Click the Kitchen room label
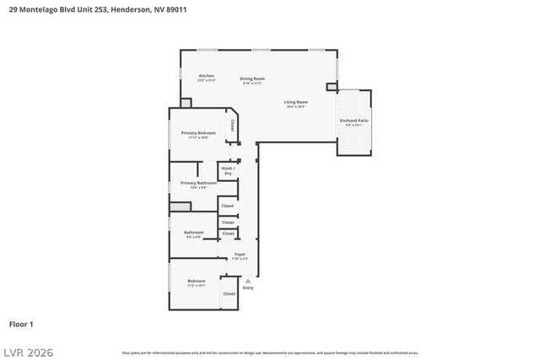206,77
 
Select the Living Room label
295,103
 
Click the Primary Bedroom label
198,133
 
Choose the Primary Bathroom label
198,183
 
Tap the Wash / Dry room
228,170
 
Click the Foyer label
240,255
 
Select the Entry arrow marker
248,279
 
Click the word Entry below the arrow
248,288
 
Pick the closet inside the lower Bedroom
229,293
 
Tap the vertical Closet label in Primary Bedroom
232,126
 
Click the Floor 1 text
21,324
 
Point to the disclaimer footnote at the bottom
270,352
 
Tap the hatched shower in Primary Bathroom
180,206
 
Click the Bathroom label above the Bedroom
193,233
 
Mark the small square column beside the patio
332,86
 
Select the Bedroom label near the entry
196,281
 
